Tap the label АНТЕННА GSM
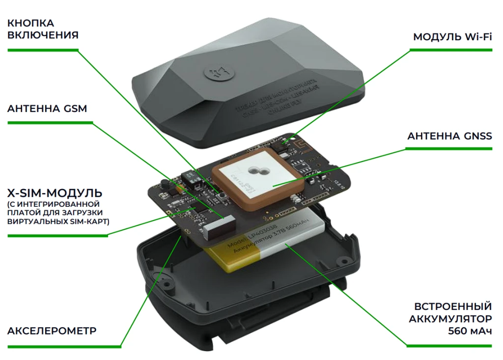47,109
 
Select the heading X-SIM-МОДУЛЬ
55,192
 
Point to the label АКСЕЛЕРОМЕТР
52,331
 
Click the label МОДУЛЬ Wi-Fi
452,37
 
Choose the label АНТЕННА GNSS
449,136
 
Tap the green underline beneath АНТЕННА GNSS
449,148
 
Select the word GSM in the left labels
75,109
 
